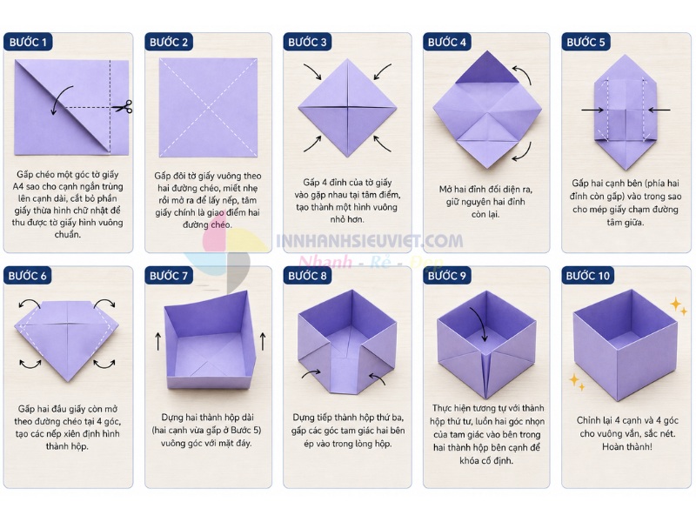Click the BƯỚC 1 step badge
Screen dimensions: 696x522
pos(29,42)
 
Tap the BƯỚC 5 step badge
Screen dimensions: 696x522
pos(586,42)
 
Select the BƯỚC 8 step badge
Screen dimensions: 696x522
pos(307,276)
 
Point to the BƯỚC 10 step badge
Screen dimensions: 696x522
pos(588,276)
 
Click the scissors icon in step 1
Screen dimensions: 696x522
pos(123,107)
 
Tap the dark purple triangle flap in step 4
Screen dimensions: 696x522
pos(487,68)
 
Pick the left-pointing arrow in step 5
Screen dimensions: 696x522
pos(659,110)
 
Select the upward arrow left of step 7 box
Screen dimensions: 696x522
pos(158,342)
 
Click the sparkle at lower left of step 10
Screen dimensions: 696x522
pos(577,382)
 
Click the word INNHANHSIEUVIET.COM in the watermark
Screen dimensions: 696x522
pos(370,241)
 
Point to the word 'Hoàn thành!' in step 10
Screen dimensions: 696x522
pos(626,446)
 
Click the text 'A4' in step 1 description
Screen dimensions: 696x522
pos(17,186)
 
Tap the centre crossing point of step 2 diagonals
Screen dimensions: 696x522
pos(209,107)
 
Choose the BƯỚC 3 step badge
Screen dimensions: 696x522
pos(307,42)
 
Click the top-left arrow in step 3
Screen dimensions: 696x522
pos(313,71)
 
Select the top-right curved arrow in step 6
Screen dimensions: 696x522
pos(104,302)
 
